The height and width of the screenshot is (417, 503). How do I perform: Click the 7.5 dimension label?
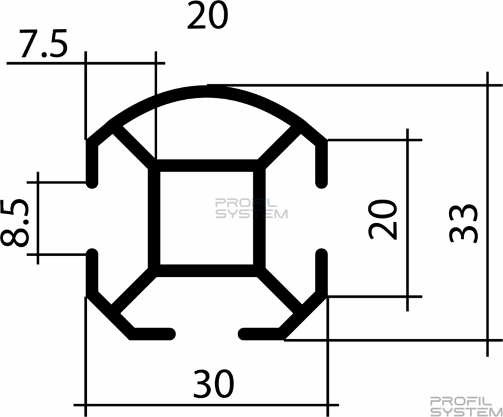(x=43, y=43)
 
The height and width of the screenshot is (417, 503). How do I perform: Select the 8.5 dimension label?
(x=15, y=223)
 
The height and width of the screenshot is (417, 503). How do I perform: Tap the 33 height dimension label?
(x=463, y=224)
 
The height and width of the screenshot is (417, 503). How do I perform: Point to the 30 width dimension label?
(x=213, y=384)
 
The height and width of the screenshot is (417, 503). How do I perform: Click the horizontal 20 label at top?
(x=207, y=15)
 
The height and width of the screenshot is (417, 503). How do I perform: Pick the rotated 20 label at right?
(x=383, y=220)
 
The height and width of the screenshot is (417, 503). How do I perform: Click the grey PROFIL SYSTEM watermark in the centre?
(x=251, y=208)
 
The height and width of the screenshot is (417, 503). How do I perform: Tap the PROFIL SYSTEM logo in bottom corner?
(x=466, y=407)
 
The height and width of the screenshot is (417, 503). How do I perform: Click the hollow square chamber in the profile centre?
(x=207, y=218)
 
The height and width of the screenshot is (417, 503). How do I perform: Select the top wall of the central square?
(x=207, y=165)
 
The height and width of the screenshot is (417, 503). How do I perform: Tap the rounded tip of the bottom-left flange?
(x=170, y=334)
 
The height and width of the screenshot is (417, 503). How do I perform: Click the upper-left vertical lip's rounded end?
(x=92, y=183)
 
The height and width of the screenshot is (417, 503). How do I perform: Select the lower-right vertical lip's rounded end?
(x=321, y=253)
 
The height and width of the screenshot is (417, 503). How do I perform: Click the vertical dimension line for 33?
(x=487, y=214)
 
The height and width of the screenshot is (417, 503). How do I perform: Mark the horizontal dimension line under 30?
(x=206, y=405)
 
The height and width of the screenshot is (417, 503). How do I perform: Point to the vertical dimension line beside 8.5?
(x=38, y=218)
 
